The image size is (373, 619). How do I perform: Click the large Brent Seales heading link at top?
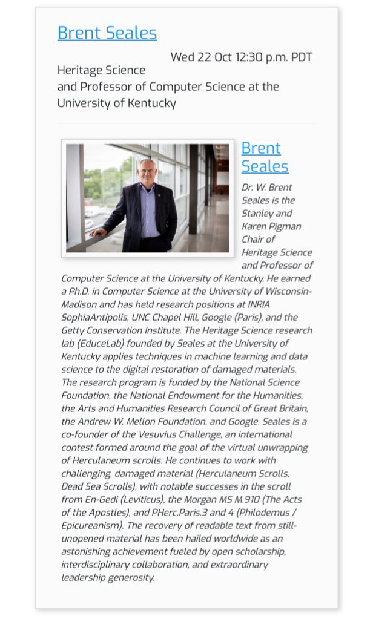(x=107, y=33)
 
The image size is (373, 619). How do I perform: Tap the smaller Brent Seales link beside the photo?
(x=265, y=157)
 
